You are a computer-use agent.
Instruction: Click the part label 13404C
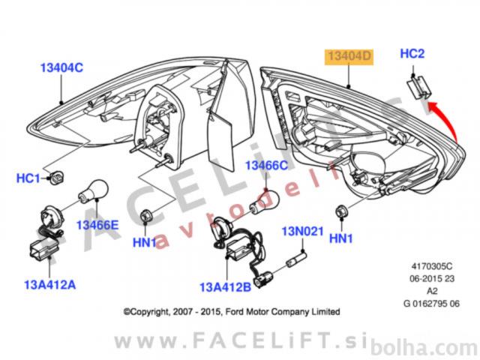tap(61, 68)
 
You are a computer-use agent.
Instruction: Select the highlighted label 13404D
tap(348, 55)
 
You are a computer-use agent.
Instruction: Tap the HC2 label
tap(412, 53)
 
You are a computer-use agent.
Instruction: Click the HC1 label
tap(28, 178)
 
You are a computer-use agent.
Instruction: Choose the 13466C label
tap(266, 165)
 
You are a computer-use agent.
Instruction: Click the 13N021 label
tap(301, 232)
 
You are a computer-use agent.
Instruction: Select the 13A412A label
tap(50, 284)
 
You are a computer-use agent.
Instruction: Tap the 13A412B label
tap(224, 286)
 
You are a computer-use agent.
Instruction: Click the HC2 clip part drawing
tap(419, 86)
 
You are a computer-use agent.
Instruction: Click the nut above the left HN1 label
tap(145, 216)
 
